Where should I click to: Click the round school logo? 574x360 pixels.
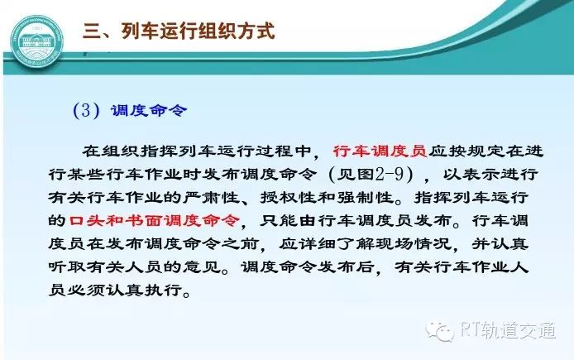37,41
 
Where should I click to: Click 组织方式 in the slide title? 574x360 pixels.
236,31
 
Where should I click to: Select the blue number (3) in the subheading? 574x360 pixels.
86,110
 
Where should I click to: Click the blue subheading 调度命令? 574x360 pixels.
149,110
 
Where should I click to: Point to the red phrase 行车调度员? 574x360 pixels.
380,151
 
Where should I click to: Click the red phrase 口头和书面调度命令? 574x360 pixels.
154,220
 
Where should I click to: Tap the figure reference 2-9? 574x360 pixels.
390,175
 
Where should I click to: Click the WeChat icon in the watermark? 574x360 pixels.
440,331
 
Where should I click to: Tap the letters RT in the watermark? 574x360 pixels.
469,330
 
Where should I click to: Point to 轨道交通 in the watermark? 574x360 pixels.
518,330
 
